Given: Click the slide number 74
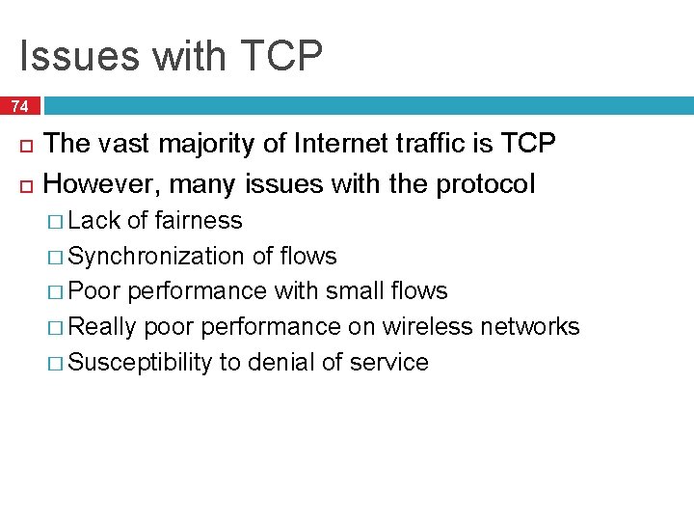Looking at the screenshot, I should pyautogui.click(x=20, y=106).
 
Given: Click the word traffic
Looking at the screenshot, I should pyautogui.click(x=436, y=145).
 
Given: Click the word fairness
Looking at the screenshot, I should pyautogui.click(x=199, y=221).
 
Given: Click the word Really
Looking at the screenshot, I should pyautogui.click(x=103, y=327).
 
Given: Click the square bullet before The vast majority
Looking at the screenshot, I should pyautogui.click(x=25, y=146).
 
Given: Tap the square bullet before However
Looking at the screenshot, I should pyautogui.click(x=25, y=184).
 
